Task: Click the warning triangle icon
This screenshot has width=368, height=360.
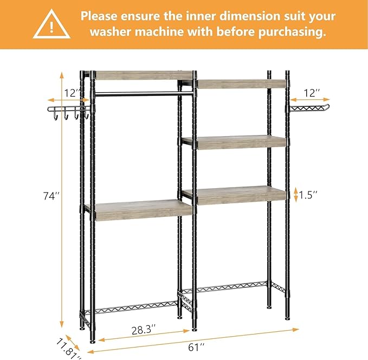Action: tap(51, 25)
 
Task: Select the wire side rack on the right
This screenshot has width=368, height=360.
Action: tap(308, 107)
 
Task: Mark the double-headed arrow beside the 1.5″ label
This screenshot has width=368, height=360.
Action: tap(296, 194)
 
